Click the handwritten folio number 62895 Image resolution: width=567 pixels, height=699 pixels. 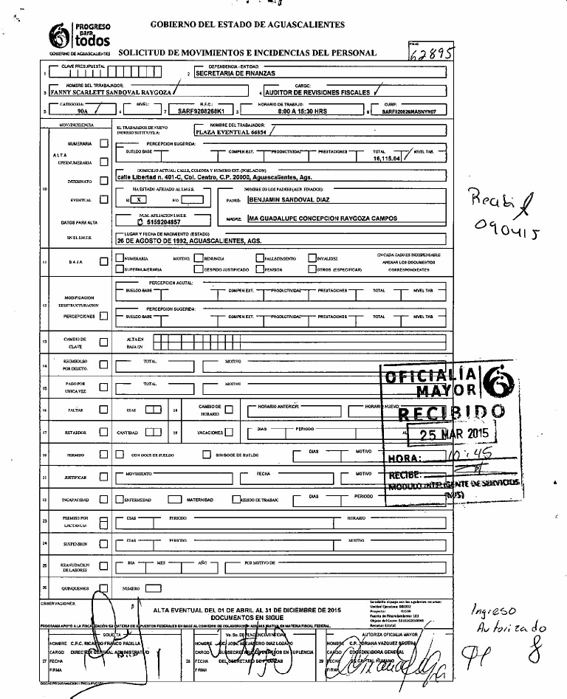tap(432, 53)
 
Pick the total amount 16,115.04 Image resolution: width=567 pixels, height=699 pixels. tap(386, 158)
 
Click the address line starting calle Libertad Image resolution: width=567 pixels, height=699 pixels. tap(214, 178)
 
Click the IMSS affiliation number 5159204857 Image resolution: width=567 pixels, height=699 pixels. tap(157, 221)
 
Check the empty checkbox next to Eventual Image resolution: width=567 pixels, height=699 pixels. tap(103, 199)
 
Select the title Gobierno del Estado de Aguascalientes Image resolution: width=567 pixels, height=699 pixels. tap(247, 24)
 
